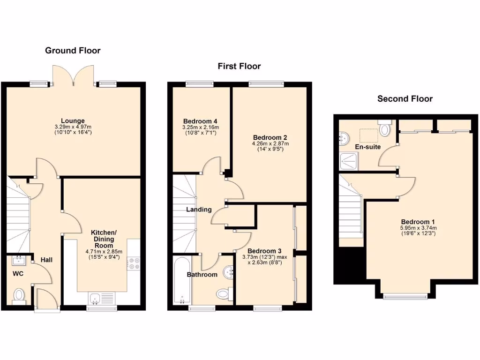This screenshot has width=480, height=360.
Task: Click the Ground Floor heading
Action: click(x=73, y=50)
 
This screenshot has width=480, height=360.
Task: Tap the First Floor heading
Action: click(x=239, y=66)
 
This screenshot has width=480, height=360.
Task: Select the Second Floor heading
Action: click(x=405, y=98)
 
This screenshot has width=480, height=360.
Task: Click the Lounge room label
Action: click(x=73, y=120)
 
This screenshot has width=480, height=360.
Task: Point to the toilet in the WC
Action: click(x=19, y=295)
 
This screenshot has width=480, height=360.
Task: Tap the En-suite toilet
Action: click(x=385, y=128)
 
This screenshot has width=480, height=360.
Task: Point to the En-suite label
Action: click(x=367, y=147)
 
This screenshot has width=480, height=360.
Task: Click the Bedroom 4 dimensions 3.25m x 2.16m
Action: click(x=201, y=127)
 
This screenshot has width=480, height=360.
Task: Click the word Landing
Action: click(x=199, y=210)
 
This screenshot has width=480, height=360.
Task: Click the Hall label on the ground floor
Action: click(x=46, y=260)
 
